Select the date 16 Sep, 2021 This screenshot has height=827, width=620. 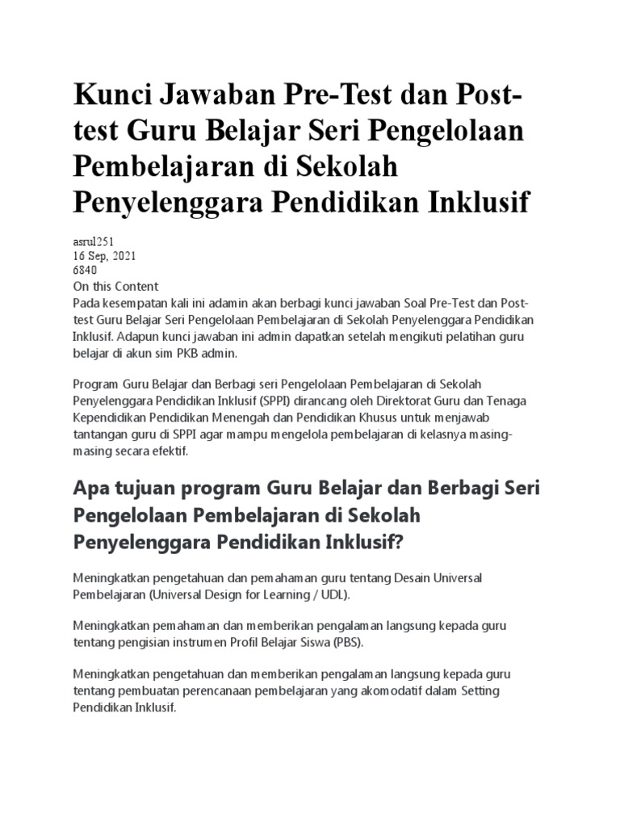pyautogui.click(x=104, y=255)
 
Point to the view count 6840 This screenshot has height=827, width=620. pyautogui.click(x=85, y=271)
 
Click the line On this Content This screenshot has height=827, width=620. pyautogui.click(x=116, y=286)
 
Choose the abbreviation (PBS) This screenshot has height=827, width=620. pyautogui.click(x=345, y=642)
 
